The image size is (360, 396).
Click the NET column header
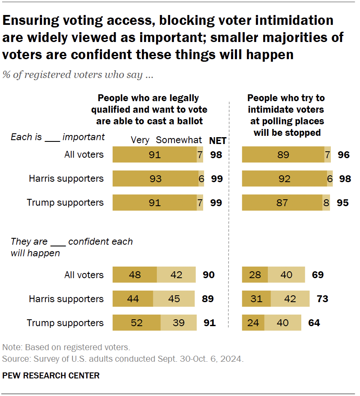217,141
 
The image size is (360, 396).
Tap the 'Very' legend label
140,140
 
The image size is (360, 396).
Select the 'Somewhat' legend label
179,140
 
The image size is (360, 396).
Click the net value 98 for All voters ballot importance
216,154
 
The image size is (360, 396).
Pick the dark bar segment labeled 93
155,178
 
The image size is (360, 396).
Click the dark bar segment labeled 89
283,154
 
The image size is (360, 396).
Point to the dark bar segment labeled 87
282,202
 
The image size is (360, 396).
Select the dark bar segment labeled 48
135,275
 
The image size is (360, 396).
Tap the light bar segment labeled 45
174,299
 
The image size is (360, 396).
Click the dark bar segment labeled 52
136,323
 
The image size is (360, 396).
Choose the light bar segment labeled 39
178,323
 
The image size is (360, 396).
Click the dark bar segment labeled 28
255,275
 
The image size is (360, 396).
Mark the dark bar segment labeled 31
256,299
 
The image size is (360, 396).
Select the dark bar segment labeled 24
253,323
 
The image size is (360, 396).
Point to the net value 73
322,299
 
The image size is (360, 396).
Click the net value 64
314,323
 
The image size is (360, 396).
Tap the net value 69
317,275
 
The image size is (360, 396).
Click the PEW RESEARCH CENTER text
51,375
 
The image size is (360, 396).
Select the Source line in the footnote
123,359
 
